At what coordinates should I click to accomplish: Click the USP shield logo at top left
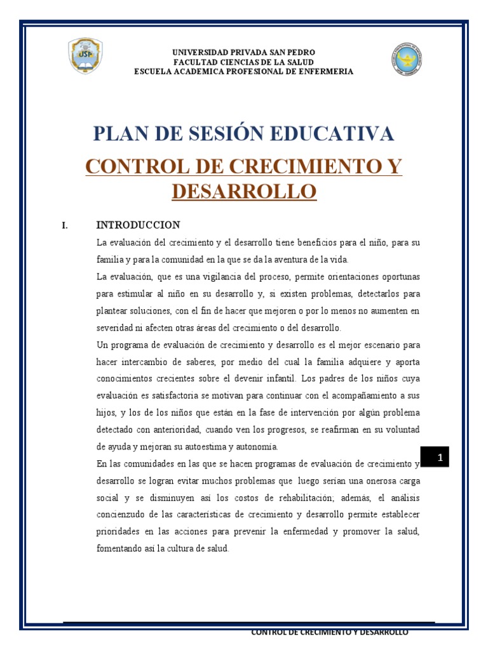coord(85,56)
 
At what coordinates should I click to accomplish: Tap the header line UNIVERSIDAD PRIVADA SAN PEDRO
coord(244,52)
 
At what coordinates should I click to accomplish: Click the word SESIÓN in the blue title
coord(210,134)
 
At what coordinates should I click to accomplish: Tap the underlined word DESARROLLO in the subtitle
coord(244,190)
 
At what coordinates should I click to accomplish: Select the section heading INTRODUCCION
coord(138,225)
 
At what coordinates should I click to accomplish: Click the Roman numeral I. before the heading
coord(64,225)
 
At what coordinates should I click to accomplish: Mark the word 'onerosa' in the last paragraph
coord(358,480)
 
